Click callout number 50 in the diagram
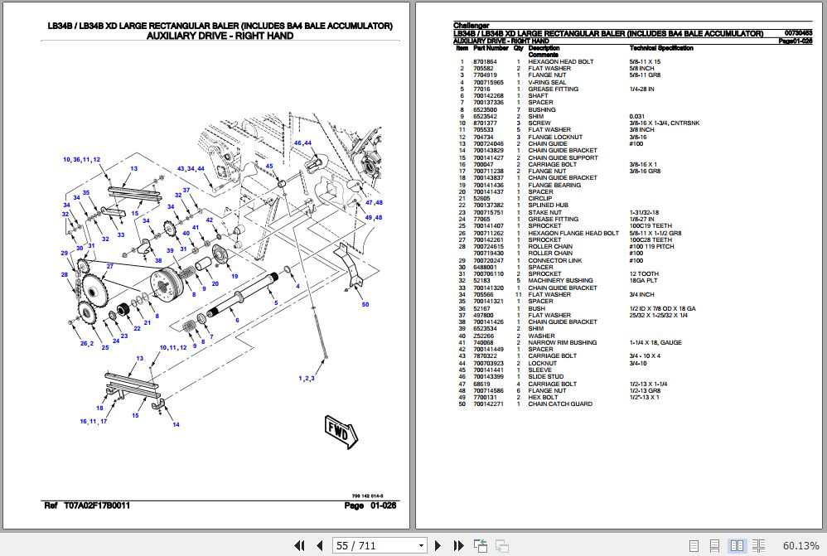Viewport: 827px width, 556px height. [x=365, y=304]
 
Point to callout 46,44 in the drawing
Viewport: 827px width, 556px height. [x=302, y=143]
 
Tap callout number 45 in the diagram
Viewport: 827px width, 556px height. [x=268, y=166]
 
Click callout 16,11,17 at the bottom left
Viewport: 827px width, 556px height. [x=94, y=422]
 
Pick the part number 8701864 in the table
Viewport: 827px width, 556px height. [x=485, y=62]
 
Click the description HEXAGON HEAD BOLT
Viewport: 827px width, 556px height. [x=560, y=62]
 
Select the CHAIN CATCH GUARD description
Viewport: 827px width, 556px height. [x=560, y=404]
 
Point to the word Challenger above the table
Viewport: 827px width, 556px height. [x=472, y=26]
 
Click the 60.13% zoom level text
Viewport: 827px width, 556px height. [x=800, y=545]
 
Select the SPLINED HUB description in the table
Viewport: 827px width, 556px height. [x=548, y=205]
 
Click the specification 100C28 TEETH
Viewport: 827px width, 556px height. [x=650, y=239]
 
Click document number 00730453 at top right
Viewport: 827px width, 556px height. [x=798, y=33]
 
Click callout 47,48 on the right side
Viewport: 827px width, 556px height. [x=374, y=202]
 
